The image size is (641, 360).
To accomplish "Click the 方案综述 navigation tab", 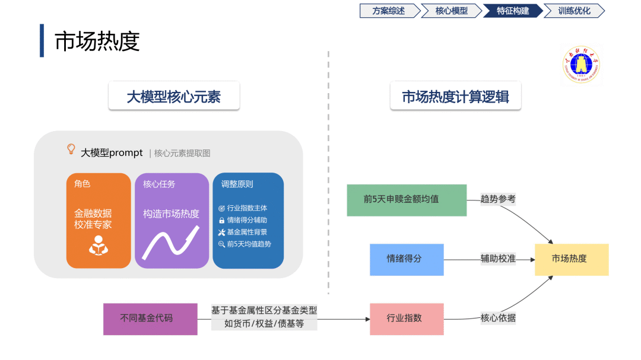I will point(388,11).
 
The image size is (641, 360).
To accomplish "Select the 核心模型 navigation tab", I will point(451,11).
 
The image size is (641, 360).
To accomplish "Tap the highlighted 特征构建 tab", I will point(512,11).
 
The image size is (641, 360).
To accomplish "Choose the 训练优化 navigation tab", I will point(573,11).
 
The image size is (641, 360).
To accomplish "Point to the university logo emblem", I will point(581,65).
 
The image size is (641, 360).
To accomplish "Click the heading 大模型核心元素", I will point(174,97).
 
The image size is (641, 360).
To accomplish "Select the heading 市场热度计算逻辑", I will point(455,97).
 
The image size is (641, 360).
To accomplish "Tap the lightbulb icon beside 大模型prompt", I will point(71,149).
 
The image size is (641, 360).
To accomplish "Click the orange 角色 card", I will point(99,220).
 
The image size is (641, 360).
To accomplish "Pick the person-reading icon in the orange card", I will point(99,246).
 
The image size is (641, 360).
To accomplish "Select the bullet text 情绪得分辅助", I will point(246,220).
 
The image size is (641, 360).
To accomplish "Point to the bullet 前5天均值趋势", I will point(248,244).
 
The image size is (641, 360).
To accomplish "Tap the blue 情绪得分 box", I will point(407,259).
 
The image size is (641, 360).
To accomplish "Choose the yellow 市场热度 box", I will point(571,259).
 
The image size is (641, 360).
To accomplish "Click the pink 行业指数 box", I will point(407,318).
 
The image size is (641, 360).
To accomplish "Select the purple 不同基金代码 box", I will point(150,318).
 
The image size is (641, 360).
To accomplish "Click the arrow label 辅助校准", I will point(498,259).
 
